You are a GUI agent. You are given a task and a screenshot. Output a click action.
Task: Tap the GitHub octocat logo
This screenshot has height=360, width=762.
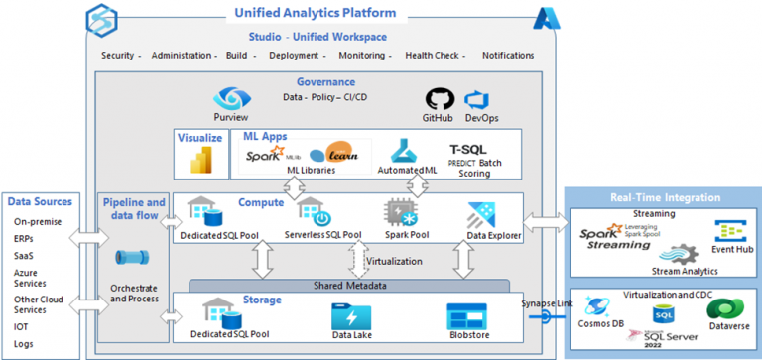[438, 100]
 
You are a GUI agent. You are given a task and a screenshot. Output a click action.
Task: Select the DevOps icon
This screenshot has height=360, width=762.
[480, 100]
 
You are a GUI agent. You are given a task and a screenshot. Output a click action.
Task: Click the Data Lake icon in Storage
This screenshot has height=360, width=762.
[352, 316]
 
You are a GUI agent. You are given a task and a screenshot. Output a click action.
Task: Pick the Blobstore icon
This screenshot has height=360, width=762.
[467, 316]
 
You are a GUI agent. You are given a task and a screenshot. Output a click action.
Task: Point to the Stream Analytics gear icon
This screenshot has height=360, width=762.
[671, 253]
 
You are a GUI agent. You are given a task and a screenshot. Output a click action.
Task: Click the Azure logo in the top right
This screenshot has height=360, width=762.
[547, 17]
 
